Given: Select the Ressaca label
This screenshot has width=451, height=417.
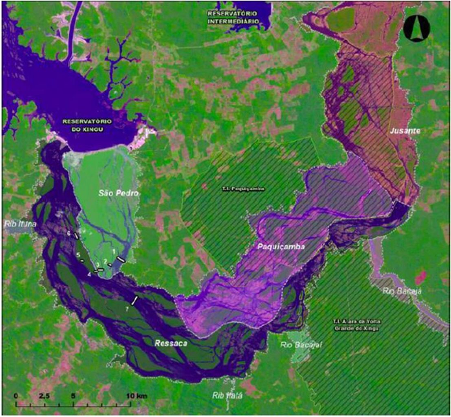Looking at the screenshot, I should [x=171, y=343].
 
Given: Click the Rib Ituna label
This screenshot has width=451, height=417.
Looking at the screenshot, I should [x=17, y=224].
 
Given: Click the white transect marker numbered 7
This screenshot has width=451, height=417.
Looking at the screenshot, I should [x=134, y=301].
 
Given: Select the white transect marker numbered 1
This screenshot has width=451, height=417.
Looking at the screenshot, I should [x=121, y=258].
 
